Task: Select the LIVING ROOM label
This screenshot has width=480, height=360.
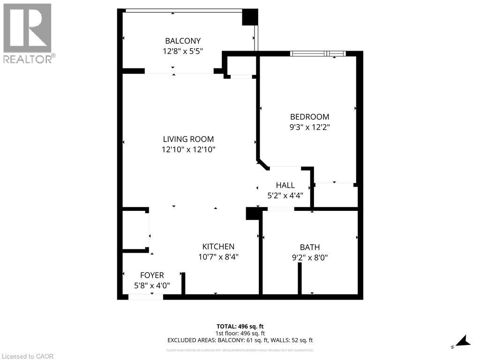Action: click(188, 139)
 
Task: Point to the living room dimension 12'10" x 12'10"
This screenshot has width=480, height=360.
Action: click(188, 150)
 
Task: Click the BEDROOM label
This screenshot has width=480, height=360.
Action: click(309, 117)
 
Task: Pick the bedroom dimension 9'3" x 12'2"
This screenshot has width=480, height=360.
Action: click(309, 127)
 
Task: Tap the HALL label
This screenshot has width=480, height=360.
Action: click(285, 186)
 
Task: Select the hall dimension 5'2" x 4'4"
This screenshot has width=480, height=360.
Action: click(285, 195)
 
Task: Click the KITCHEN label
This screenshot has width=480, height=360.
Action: click(218, 247)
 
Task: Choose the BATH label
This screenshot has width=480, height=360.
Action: click(310, 247)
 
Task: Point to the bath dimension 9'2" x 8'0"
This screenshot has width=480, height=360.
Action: click(310, 257)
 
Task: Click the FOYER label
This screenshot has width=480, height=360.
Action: click(152, 275)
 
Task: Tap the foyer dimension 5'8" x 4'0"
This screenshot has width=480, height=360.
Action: click(152, 285)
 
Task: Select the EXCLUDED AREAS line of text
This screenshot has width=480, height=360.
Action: click(240, 341)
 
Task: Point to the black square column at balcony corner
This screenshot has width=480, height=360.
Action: click(250, 17)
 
